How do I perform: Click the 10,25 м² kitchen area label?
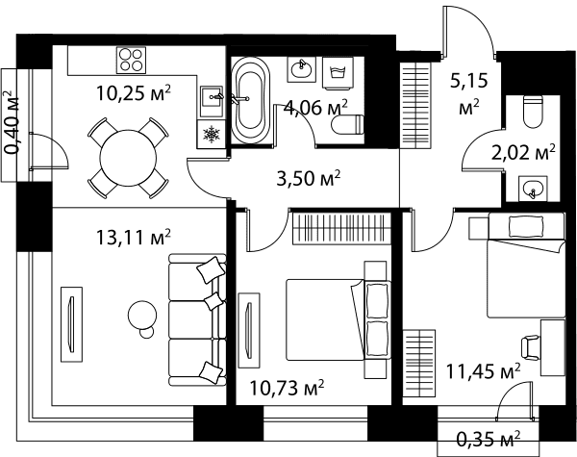tap(134, 93)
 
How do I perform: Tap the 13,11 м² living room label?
tap(134, 237)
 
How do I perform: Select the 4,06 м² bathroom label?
tap(315, 108)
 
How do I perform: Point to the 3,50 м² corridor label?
tap(309, 178)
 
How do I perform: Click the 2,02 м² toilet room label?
tap(523, 152)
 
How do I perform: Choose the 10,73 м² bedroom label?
tap(287, 388)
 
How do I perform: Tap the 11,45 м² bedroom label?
tap(483, 370)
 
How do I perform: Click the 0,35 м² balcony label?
tap(489, 439)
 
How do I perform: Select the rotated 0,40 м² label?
tap(12, 122)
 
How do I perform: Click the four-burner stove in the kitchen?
tap(131, 60)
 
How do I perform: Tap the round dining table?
tap(128, 159)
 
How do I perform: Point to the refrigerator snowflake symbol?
tap(212, 134)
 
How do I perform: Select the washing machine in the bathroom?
tap(338, 73)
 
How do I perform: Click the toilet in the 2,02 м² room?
tap(533, 112)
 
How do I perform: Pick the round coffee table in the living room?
tap(142, 316)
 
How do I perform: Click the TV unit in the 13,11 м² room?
tap(72, 324)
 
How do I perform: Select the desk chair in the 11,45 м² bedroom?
tap(530, 348)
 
